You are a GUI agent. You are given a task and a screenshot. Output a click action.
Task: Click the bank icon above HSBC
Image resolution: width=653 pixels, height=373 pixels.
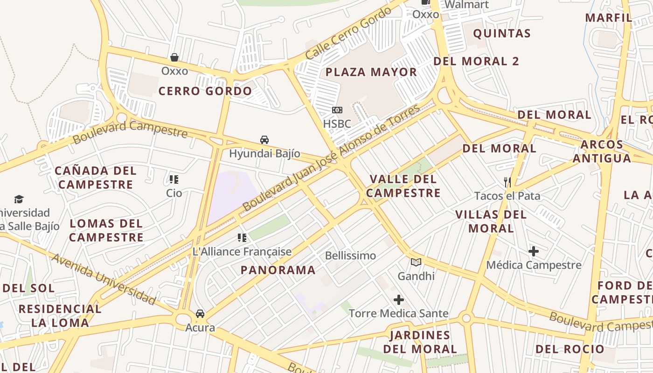click(337, 110)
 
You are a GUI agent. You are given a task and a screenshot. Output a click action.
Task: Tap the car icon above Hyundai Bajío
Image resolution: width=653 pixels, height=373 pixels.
click(264, 140)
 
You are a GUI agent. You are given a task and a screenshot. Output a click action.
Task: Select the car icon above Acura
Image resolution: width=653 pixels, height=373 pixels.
click(200, 314)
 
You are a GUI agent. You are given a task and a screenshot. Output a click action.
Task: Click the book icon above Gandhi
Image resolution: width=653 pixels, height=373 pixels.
click(416, 262)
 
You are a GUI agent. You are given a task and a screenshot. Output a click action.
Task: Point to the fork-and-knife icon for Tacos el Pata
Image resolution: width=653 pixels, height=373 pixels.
click(507, 182)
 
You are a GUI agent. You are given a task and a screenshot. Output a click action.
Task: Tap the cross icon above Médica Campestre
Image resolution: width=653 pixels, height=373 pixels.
click(534, 251)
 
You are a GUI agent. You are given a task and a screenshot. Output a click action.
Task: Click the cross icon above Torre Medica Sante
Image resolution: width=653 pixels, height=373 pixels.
click(399, 300)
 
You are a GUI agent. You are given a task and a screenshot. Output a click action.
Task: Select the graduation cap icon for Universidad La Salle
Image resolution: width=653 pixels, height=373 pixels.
click(19, 200)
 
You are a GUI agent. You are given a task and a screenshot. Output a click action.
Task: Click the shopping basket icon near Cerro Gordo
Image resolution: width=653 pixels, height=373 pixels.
click(174, 57)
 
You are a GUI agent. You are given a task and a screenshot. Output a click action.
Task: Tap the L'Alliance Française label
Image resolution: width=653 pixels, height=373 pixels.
click(242, 252)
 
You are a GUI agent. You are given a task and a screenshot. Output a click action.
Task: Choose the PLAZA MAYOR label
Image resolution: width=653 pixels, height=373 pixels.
click(371, 72)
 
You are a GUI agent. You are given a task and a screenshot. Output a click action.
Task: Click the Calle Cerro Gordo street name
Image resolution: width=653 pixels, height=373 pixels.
click(348, 34)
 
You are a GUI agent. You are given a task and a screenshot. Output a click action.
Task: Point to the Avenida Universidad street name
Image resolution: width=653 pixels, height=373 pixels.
click(104, 279)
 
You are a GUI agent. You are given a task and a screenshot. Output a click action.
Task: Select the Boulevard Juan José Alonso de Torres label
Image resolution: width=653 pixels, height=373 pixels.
click(331, 158)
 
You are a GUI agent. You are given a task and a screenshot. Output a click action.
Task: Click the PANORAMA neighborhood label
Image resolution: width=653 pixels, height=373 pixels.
click(278, 270)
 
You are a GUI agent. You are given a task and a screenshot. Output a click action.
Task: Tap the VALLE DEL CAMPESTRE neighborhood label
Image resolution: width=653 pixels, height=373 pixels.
click(403, 186)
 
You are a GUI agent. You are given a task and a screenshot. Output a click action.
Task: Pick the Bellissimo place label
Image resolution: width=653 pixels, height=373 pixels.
click(350, 256)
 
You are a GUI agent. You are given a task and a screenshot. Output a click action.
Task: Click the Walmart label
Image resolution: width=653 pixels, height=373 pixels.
click(466, 5)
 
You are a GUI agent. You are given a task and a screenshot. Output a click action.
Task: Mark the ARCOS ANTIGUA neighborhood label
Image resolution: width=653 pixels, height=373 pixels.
click(602, 152)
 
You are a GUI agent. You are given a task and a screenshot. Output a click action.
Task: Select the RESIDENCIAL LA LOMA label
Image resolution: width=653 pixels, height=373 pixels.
click(60, 316)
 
